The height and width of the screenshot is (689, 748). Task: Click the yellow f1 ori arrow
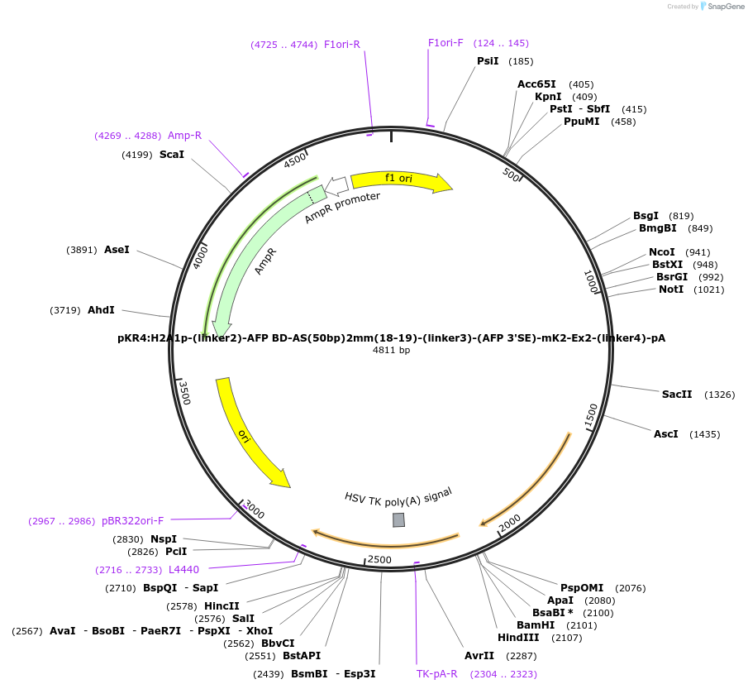(401, 179)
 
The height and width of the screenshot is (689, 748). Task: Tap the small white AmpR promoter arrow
(336, 186)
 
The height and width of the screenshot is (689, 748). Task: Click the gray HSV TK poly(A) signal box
(398, 519)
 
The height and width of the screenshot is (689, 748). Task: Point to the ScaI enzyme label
(172, 155)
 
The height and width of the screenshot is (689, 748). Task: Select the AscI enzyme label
(665, 434)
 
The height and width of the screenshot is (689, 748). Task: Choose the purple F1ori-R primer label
(342, 45)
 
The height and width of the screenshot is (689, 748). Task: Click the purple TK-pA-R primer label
(436, 674)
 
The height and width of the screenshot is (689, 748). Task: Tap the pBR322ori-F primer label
(132, 521)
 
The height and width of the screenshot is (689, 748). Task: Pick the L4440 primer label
(183, 570)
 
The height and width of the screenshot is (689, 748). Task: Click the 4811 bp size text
(391, 350)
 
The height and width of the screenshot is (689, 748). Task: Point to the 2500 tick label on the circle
(379, 560)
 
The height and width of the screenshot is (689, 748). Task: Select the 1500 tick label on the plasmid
(591, 416)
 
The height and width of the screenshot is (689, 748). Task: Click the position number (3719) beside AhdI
(65, 310)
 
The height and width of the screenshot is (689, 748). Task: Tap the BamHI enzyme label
(536, 625)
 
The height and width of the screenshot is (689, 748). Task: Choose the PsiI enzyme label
(488, 61)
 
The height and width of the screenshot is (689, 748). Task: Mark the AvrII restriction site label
(479, 656)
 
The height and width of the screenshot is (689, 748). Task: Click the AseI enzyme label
(117, 250)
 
